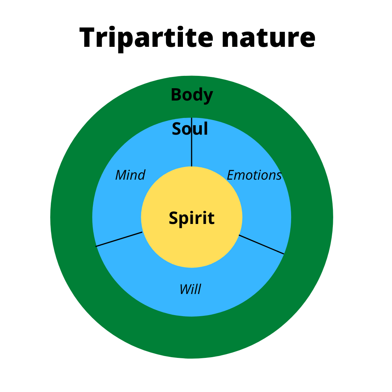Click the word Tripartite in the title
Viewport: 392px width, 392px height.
click(146, 38)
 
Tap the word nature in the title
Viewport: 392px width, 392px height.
click(268, 38)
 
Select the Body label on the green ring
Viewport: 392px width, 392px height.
click(192, 95)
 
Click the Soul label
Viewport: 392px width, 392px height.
click(190, 129)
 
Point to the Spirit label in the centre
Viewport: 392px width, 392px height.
click(192, 219)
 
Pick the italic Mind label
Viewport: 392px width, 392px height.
click(130, 175)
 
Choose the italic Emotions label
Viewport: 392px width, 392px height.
click(254, 175)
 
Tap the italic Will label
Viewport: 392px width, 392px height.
click(191, 289)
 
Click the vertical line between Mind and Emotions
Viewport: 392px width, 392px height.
click(192, 152)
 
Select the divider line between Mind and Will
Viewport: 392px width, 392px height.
click(119, 239)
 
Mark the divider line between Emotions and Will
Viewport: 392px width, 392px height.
click(261, 244)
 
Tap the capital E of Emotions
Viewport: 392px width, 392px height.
click(230, 175)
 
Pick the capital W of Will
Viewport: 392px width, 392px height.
click(185, 289)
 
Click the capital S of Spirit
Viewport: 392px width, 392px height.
click(174, 219)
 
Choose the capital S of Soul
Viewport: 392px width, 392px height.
click(176, 129)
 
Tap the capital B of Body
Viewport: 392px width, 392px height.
click(176, 95)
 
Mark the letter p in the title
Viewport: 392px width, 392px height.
click(125, 40)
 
